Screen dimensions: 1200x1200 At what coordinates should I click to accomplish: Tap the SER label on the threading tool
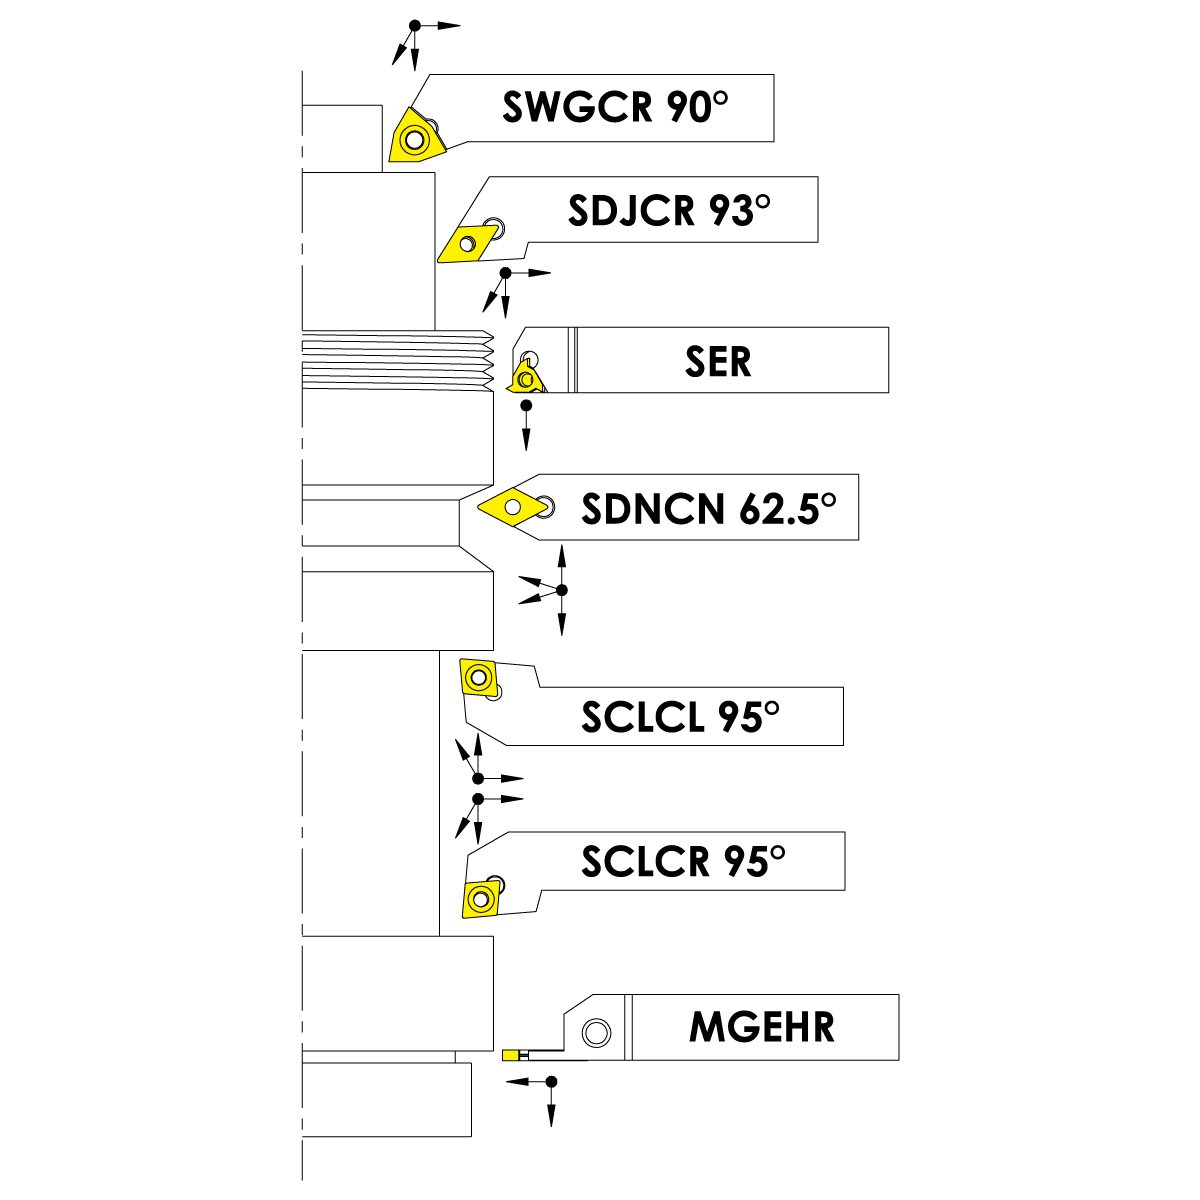click(x=718, y=361)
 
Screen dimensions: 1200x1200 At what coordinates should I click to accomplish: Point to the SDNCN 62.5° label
click(x=708, y=510)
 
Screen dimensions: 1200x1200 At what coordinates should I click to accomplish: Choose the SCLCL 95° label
click(x=680, y=716)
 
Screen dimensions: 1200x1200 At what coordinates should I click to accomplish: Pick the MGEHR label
click(x=762, y=1027)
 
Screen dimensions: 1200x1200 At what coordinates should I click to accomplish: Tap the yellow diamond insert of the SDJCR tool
click(x=465, y=243)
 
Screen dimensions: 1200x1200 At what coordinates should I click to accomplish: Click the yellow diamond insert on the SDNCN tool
click(x=512, y=507)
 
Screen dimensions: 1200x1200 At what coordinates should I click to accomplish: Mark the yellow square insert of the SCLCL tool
click(x=477, y=677)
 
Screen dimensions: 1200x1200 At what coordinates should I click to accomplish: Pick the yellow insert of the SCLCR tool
click(x=481, y=898)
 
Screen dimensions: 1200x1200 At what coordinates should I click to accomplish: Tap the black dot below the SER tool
click(x=526, y=403)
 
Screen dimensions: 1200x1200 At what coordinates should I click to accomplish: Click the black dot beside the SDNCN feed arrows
click(x=561, y=590)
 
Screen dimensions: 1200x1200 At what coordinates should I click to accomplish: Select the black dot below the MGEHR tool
click(x=550, y=1082)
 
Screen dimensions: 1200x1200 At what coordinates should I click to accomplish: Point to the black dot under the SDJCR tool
click(x=506, y=272)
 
